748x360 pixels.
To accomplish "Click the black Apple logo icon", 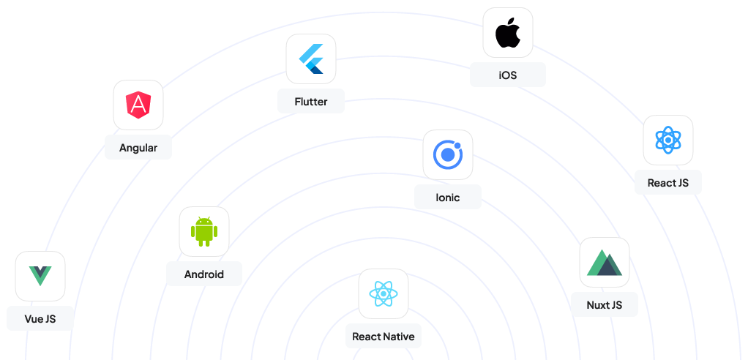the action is [508, 33].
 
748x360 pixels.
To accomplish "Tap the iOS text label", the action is [508, 75].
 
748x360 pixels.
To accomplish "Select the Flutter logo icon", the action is [311, 59].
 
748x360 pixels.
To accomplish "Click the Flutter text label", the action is [311, 102].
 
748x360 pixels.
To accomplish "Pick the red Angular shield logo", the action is [138, 105].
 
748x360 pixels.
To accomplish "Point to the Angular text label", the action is [138, 148].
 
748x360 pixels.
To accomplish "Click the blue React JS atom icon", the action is [667, 140].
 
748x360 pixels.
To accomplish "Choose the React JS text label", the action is [667, 183].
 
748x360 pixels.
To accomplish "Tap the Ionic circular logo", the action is [448, 154].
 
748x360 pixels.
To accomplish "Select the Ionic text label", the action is [448, 197].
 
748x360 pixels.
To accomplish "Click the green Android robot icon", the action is [204, 232].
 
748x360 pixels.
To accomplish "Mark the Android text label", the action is [204, 274].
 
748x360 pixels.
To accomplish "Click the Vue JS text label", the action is [40, 319].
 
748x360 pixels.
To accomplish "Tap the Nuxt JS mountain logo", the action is [605, 262].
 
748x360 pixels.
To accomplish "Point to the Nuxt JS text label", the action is [605, 304].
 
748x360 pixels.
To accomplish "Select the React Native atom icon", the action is [384, 293].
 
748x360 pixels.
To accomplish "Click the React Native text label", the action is [384, 337].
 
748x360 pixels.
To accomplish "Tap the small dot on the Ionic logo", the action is [457, 146].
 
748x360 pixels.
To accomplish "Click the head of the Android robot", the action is [204, 221].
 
